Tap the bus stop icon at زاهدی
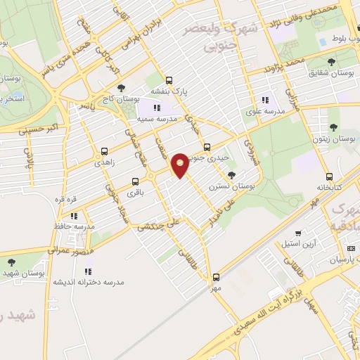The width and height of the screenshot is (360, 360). coord(105,150)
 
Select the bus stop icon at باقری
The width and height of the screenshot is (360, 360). coord(135,181)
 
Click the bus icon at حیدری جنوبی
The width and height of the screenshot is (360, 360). coord(206,147)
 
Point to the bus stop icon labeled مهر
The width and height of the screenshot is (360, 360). coord(216,276)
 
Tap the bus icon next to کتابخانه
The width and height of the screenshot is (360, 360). coord(329,176)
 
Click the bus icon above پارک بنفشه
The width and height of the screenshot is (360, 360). coord(169,80)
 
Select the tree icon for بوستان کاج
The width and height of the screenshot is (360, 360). coord(122,88)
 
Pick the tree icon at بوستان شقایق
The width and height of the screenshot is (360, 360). coord(332,62)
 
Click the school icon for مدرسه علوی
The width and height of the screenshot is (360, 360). coord(265,100)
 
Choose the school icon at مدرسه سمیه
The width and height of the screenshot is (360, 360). coord(157,108)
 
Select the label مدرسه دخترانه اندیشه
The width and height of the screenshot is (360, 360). coord(89,281)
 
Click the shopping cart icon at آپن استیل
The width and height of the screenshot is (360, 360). coord(298,233)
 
